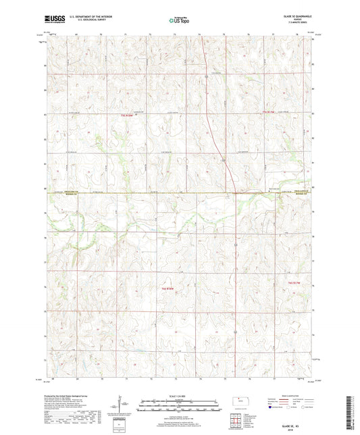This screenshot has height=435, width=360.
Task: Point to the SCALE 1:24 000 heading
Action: pos(180,395)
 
